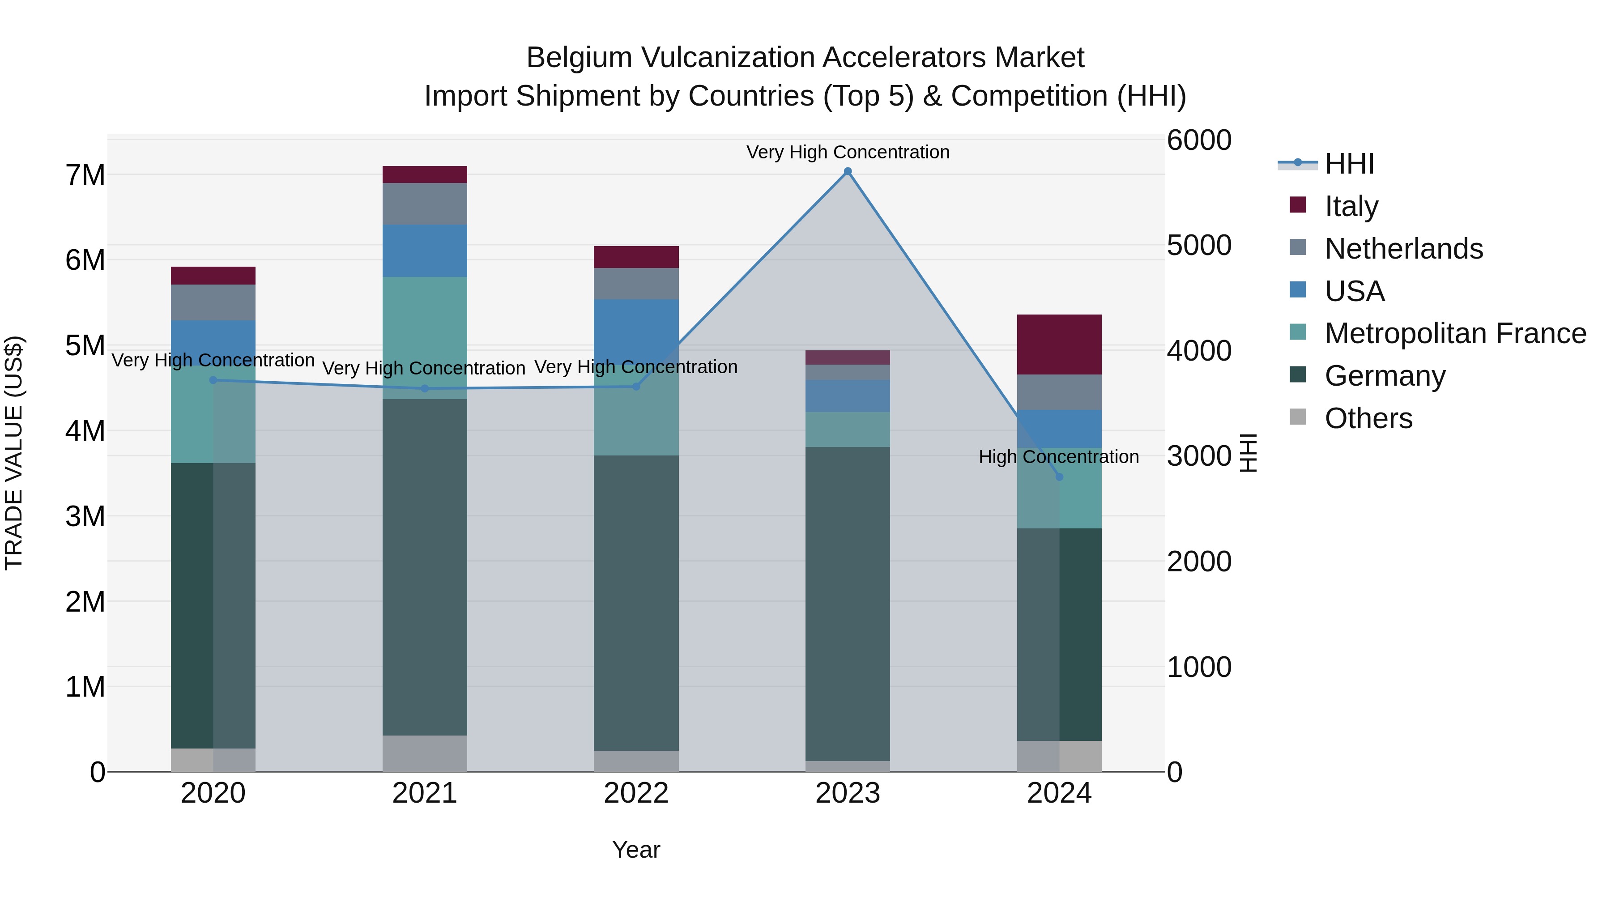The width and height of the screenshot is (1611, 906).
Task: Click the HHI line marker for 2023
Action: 848,171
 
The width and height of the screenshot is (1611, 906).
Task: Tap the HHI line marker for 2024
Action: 1059,477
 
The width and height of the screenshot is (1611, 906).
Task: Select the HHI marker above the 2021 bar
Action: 425,388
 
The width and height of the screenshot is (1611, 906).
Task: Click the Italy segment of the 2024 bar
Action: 1059,345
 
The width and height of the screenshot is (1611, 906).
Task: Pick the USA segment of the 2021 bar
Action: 425,251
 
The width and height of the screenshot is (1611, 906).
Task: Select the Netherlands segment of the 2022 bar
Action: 636,284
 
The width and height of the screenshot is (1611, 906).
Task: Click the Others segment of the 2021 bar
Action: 425,753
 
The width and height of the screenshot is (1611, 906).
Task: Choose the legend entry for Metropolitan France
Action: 1455,333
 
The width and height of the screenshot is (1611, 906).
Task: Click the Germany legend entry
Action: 1385,376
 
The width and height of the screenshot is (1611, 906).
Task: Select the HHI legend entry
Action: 1348,164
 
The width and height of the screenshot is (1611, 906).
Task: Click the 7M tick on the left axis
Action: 85,175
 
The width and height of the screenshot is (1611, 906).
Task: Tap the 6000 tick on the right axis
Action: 1199,140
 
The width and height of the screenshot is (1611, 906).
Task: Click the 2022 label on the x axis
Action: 636,793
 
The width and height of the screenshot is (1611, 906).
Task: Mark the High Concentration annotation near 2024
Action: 1058,457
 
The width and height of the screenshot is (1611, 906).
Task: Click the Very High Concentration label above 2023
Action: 848,152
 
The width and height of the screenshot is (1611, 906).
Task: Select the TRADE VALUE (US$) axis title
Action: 14,453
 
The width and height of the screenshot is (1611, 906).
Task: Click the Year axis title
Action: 636,850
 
